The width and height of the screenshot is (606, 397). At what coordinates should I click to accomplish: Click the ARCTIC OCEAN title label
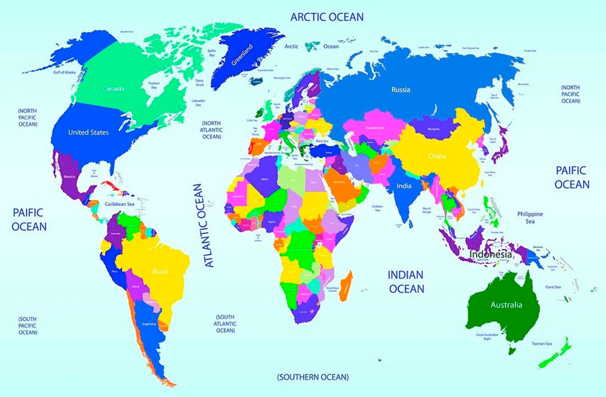click(327, 17)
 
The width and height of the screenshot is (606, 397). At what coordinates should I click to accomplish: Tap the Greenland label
click(242, 55)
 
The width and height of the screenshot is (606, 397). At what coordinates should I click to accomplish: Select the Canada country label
click(113, 89)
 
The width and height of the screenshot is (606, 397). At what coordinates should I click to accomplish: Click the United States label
click(89, 132)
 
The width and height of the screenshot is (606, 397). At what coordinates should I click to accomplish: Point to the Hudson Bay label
click(154, 85)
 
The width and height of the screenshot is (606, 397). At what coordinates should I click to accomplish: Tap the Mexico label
click(69, 177)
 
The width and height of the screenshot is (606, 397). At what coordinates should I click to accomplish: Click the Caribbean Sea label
click(120, 204)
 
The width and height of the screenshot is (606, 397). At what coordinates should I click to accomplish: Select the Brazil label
click(160, 272)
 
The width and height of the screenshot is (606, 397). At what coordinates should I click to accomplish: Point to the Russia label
click(401, 90)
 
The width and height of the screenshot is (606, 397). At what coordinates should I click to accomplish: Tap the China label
click(437, 156)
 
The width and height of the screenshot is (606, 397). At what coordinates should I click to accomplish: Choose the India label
click(404, 186)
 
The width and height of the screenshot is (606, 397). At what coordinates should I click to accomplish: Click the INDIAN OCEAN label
click(406, 282)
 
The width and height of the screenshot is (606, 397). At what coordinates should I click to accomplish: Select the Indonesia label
click(491, 254)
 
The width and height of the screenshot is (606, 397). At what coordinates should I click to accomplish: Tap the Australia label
click(506, 305)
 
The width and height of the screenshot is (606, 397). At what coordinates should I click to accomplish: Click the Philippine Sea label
click(530, 217)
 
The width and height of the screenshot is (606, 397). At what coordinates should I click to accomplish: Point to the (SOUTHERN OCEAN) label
click(313, 377)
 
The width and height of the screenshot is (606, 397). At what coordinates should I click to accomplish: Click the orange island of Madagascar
click(346, 286)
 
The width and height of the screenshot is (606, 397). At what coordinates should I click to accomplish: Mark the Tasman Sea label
click(542, 344)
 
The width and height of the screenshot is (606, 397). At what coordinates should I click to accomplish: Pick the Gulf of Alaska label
click(64, 72)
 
